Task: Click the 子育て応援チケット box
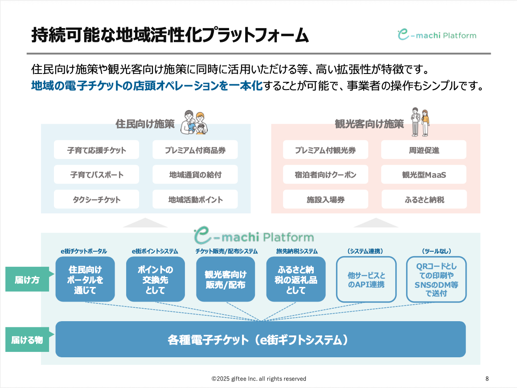pyautogui.click(x=96, y=150)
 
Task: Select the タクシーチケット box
pyautogui.click(x=96, y=200)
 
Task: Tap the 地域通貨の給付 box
pyautogui.click(x=195, y=175)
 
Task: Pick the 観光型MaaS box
pyautogui.click(x=423, y=175)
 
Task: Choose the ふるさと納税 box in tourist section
pyautogui.click(x=423, y=200)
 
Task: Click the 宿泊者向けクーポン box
pyautogui.click(x=325, y=175)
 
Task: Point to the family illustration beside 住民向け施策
pyautogui.click(x=195, y=122)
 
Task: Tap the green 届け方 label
pyautogui.click(x=27, y=280)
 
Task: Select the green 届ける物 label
pyautogui.click(x=27, y=340)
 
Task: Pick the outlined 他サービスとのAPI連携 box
pyautogui.click(x=366, y=280)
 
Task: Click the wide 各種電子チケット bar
pyautogui.click(x=260, y=339)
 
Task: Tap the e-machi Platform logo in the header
pyautogui.click(x=437, y=35)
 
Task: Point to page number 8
pyautogui.click(x=487, y=379)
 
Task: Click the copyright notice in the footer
pyautogui.click(x=258, y=379)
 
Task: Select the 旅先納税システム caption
pyautogui.click(x=297, y=251)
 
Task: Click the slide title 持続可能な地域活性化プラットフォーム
pyautogui.click(x=170, y=35)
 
